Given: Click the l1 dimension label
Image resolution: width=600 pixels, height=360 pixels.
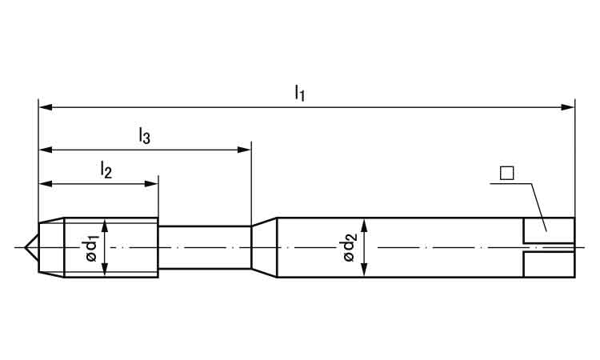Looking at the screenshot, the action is [x=300, y=93].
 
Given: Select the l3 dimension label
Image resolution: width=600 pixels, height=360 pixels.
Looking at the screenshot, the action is [x=144, y=136].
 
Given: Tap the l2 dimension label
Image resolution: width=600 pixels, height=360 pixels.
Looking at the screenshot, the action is [x=106, y=170].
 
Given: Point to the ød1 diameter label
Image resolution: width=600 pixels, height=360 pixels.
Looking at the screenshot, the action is [x=92, y=249].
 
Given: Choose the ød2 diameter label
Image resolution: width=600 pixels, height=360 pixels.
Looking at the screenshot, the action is [x=350, y=247].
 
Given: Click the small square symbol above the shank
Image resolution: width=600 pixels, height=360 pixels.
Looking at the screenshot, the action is [x=506, y=174].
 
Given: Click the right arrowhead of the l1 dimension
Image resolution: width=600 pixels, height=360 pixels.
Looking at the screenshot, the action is [x=567, y=107].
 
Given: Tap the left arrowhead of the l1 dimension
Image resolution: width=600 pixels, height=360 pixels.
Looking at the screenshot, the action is [x=46, y=107].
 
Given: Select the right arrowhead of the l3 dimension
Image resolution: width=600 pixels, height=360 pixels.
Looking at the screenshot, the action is [x=244, y=150].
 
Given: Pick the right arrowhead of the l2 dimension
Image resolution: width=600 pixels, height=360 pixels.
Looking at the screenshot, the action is [x=150, y=184].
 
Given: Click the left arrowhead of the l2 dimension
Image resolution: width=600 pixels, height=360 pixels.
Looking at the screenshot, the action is [x=46, y=184].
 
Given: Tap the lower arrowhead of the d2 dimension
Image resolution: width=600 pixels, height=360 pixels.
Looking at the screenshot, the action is [x=364, y=270].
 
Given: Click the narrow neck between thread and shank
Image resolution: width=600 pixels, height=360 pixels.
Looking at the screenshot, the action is [x=205, y=247].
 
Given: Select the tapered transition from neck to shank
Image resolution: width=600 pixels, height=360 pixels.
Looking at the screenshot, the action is [x=264, y=247].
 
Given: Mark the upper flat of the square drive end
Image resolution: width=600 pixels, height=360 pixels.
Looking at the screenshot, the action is [x=549, y=230].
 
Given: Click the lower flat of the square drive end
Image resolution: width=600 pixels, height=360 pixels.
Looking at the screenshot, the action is [x=549, y=265].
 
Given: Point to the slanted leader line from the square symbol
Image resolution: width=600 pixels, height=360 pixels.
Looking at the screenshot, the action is [x=538, y=207].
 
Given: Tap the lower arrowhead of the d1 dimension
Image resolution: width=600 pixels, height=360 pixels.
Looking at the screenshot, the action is [x=105, y=268].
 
